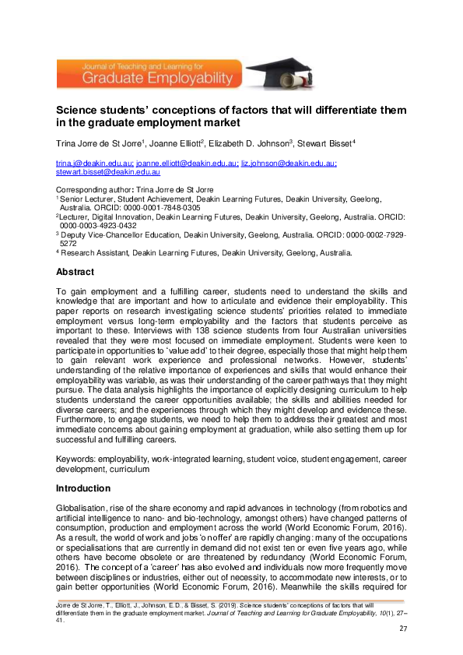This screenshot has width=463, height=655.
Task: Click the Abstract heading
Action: [75, 273]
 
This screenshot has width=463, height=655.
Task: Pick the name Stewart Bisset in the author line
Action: [321, 143]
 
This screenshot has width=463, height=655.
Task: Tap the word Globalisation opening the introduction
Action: [85, 508]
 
